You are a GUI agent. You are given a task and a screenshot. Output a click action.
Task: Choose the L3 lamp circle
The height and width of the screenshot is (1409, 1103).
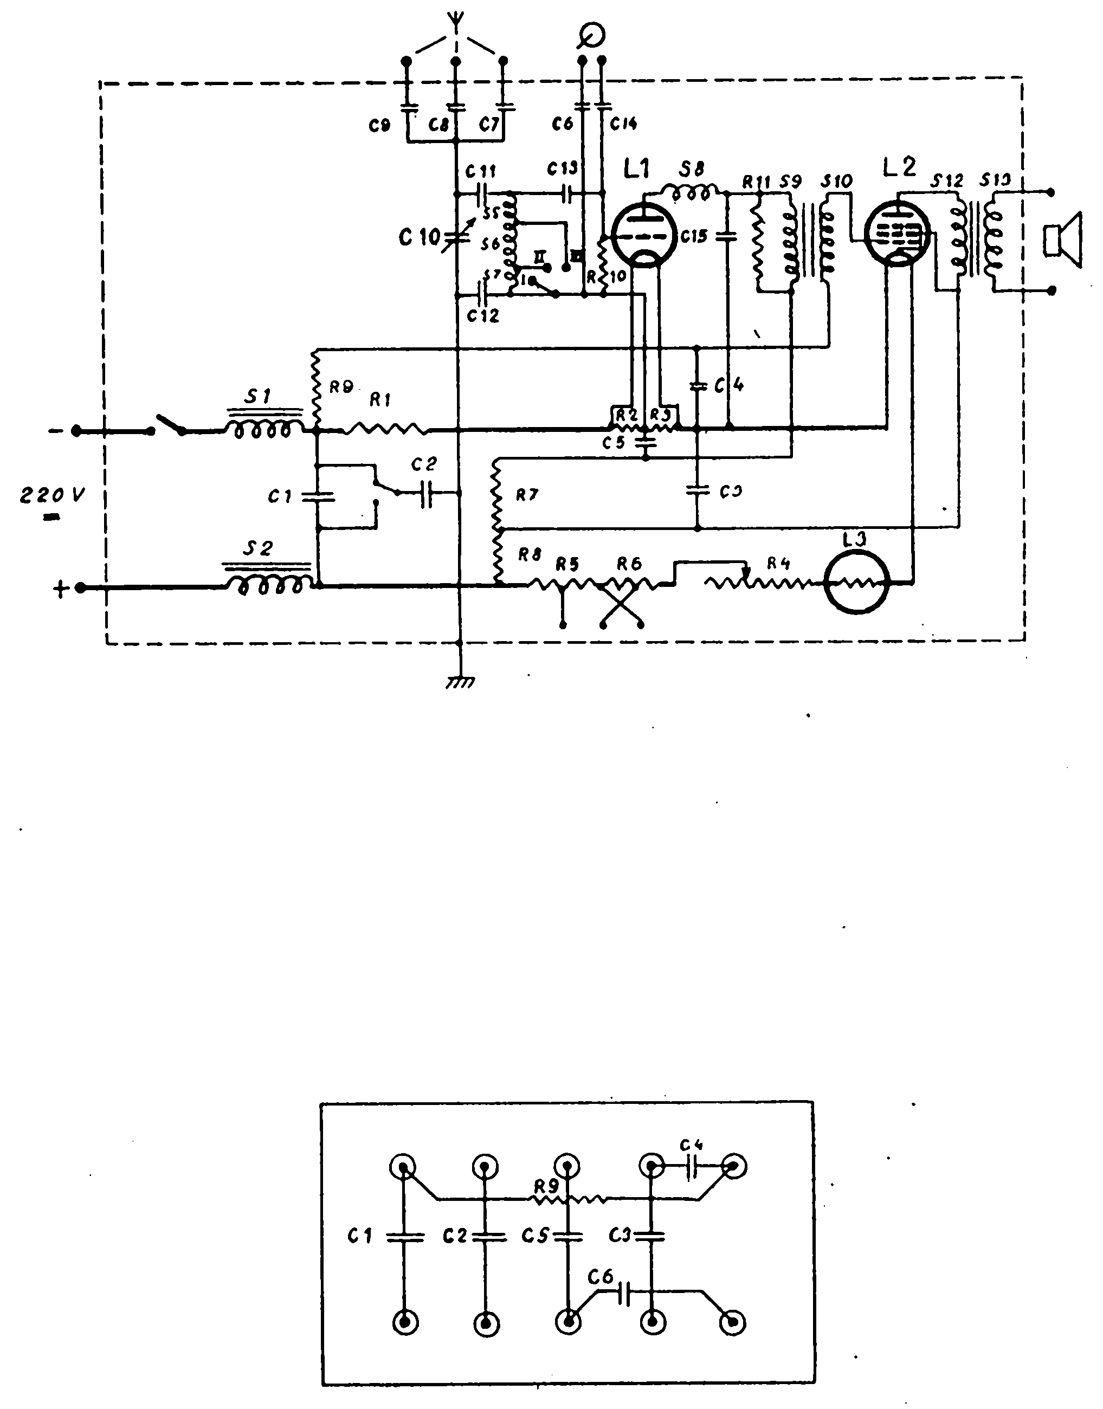coord(857,582)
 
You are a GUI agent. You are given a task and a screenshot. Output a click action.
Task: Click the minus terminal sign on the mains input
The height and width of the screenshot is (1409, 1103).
coord(55,430)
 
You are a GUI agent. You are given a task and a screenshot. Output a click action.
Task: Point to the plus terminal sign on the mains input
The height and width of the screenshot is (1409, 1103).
coord(60,589)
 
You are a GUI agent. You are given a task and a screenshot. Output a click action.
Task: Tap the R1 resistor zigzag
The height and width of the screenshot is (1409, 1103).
coord(384,429)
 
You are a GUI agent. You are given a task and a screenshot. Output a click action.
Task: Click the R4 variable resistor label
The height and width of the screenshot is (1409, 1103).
coord(779,563)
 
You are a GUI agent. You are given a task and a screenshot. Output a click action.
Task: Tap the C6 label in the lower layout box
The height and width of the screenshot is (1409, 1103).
coord(601,1277)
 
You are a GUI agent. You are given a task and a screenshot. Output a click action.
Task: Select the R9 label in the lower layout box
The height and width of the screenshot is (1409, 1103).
coord(546,1186)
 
